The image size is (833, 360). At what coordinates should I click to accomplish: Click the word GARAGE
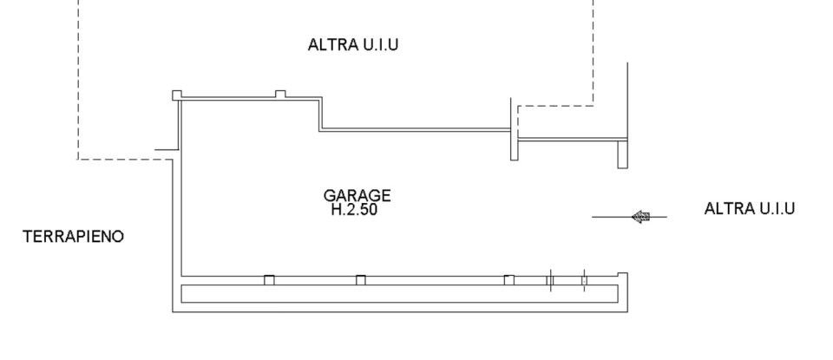[x=357, y=195]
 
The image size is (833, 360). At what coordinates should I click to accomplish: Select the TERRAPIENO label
[x=73, y=236]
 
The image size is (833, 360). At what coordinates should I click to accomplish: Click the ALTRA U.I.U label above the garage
[x=353, y=45]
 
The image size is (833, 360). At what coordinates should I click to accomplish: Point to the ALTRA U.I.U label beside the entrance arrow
[x=750, y=208]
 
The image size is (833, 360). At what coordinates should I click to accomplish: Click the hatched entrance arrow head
[x=641, y=217]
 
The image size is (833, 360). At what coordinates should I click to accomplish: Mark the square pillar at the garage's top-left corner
[x=176, y=95]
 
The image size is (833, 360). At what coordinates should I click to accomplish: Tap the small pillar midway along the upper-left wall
[x=279, y=94]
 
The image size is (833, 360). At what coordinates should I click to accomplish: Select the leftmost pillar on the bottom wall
[x=269, y=279]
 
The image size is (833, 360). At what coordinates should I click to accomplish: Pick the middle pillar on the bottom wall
[x=361, y=279]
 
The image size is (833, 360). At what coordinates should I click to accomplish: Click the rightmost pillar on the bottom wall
[x=508, y=279]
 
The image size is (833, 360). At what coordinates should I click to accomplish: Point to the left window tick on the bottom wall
[x=550, y=280]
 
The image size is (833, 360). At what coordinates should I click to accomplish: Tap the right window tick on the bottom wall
[x=584, y=280]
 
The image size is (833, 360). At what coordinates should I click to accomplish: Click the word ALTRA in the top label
[x=329, y=45]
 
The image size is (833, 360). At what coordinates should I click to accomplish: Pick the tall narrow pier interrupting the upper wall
[x=514, y=129]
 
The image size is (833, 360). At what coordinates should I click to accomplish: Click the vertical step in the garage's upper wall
[x=320, y=114]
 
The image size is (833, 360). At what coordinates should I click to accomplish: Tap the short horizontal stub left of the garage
[x=165, y=150]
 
